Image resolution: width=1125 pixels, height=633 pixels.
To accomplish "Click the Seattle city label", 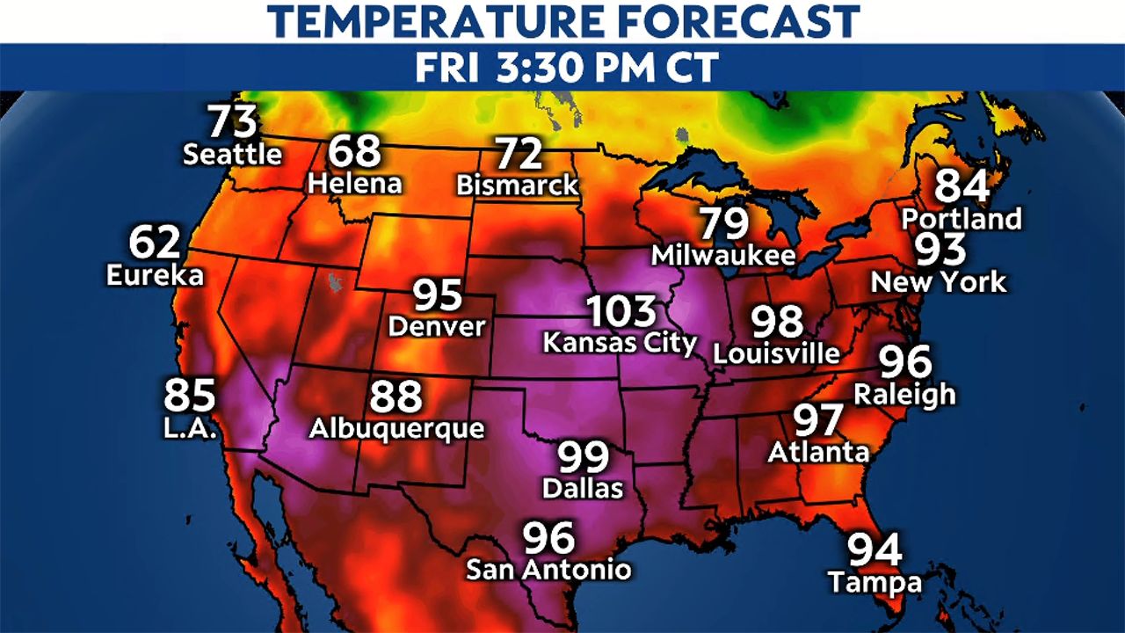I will pos(232,155).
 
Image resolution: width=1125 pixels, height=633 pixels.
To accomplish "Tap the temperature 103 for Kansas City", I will pos(621,312).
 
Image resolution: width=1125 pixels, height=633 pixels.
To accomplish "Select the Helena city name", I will pos(355,184).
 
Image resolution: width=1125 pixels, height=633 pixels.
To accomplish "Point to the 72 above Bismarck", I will pos(518,155).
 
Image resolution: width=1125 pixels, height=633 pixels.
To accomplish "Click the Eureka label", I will pos(155,275).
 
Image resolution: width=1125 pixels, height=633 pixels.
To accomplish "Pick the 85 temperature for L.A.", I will pos(190,396).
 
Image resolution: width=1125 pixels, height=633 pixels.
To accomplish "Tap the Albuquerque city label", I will pos(396,428).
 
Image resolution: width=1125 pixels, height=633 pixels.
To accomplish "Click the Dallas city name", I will pos(583,488).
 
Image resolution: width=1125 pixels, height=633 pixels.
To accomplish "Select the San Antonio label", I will pos(548,569).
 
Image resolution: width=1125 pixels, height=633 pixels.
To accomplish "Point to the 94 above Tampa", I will pos(875,550).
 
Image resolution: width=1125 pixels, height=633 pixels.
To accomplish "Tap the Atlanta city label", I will pos(818,452).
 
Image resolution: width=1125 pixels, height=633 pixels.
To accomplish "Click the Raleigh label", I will pos(904,394).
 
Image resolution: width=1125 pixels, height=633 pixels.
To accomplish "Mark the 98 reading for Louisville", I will pos(778,323).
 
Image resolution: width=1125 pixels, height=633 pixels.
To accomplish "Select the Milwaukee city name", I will pos(723,256).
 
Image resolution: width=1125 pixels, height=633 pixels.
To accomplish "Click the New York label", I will pos(939,282).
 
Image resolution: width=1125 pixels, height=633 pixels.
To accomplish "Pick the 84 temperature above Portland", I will pos(962,186).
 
